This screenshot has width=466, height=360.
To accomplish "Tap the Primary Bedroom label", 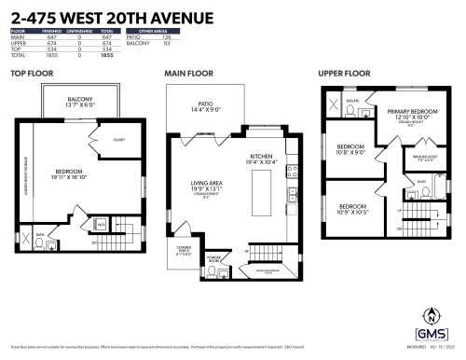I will tap(407, 114).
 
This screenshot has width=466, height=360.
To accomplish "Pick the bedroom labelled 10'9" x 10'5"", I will tap(352, 208).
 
